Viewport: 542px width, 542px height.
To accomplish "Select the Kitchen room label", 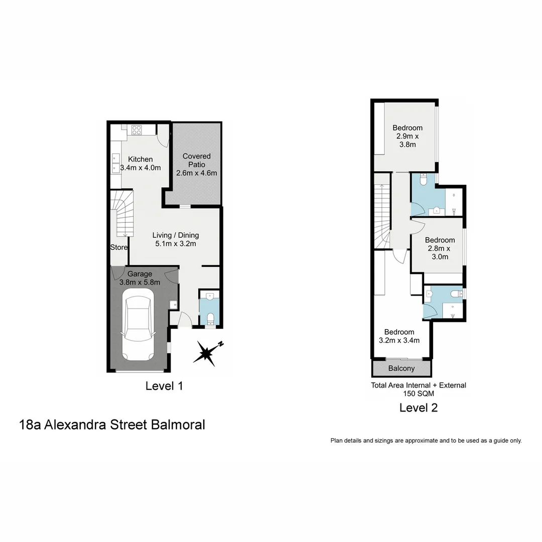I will pos(140,159).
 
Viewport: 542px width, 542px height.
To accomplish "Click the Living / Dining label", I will pos(176,235).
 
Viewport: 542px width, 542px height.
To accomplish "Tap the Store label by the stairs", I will pos(119,247).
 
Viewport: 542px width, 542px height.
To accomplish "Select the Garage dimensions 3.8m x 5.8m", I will pos(140,283).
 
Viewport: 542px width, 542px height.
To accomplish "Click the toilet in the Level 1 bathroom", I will pos(211,318).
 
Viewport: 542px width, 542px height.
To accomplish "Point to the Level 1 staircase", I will pos(122,213).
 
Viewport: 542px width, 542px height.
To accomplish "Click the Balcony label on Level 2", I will pos(401,368).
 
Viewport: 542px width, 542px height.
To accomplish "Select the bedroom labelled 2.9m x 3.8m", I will pos(407,136).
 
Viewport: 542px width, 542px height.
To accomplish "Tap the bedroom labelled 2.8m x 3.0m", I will pos(440,248).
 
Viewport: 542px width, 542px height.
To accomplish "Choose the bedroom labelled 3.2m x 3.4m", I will pos(399,336).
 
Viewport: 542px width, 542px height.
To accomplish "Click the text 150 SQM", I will pos(418,394).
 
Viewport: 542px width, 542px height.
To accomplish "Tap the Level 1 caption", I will pos(164,386).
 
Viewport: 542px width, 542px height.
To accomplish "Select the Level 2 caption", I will pos(418,408).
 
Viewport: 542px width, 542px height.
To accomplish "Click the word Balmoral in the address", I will pos(178,425).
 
